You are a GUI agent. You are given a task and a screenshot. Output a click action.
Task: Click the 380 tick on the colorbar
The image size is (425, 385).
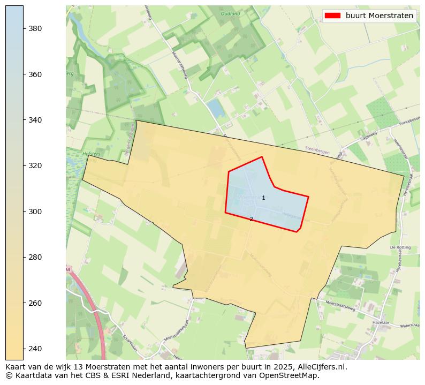[35, 28]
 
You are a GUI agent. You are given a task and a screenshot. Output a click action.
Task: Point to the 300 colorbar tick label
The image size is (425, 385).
[35, 212]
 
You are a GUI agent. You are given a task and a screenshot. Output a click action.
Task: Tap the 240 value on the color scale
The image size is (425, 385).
[35, 349]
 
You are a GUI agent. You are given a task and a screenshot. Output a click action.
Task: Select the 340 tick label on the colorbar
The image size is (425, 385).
[35, 120]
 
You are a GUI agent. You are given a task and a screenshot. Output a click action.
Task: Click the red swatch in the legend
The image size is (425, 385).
[332, 16]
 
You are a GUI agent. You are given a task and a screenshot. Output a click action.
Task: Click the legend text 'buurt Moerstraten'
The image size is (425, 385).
[379, 16]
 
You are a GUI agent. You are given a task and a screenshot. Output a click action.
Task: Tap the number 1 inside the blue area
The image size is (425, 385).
[263, 198]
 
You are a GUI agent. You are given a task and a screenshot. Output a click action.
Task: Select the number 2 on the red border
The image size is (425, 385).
[251, 219]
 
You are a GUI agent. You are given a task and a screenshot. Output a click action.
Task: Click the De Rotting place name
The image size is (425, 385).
[399, 247]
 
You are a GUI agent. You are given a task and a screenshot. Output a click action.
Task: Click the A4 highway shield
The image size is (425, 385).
[69, 269]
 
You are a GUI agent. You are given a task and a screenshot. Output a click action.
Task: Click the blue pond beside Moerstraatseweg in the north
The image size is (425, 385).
[216, 109]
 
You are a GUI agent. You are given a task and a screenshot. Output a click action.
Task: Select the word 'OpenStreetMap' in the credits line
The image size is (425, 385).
[292, 375]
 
